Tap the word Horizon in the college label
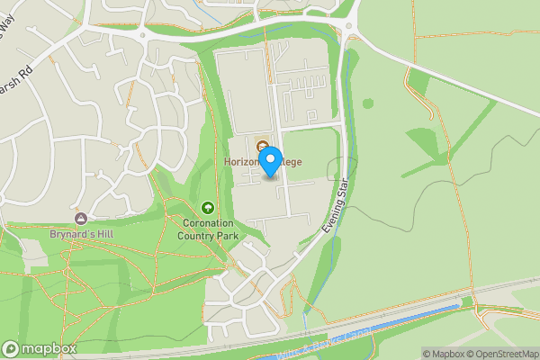click(x=240, y=162)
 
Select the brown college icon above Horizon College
click(x=262, y=147)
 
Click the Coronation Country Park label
click(x=209, y=229)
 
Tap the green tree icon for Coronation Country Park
click(x=209, y=208)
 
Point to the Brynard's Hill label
click(x=81, y=233)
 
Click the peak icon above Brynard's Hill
click(x=81, y=219)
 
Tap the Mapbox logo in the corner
click(x=40, y=348)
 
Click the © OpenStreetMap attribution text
click(x=500, y=354)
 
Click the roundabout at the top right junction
click(x=350, y=36)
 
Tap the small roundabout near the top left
click(x=142, y=36)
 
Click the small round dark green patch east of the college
click(x=366, y=103)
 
